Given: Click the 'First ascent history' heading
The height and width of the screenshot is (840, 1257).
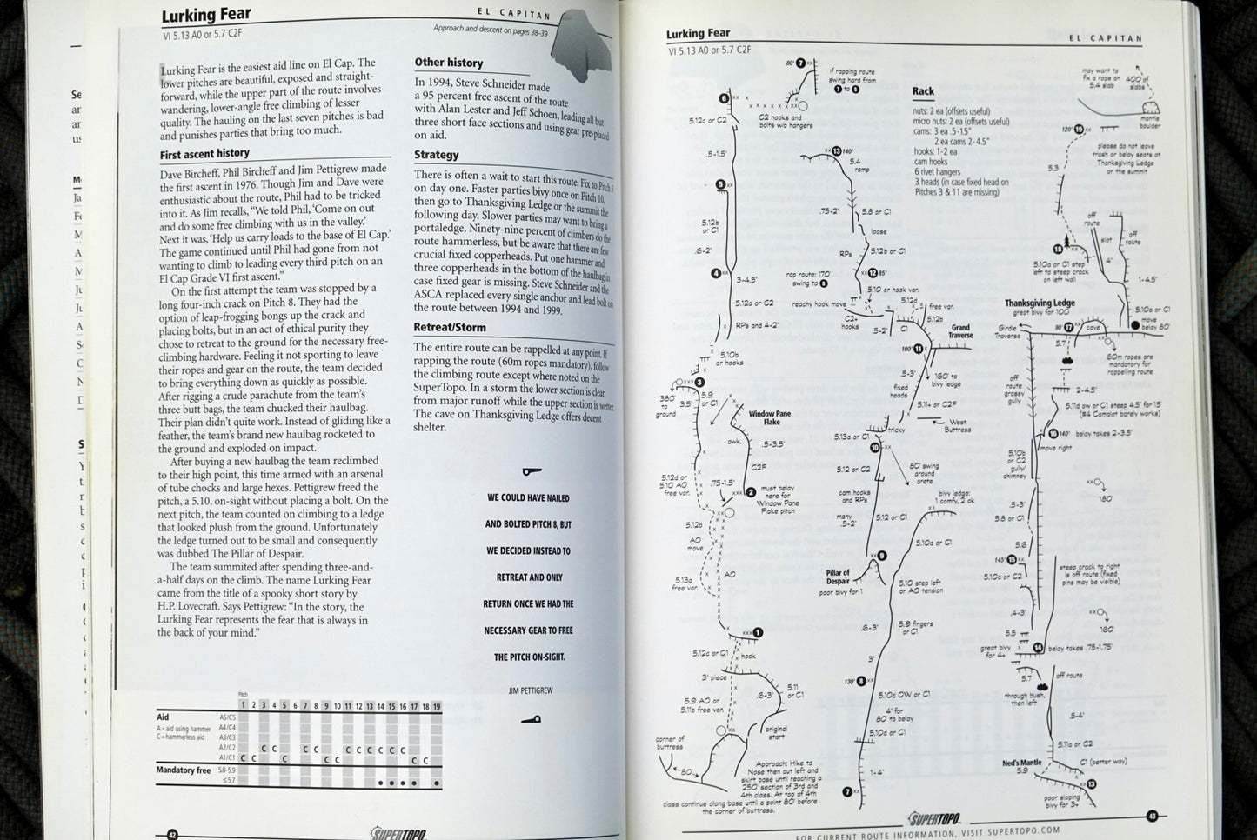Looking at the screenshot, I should coord(204,154).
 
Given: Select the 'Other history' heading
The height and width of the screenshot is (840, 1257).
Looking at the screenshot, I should coord(448,63).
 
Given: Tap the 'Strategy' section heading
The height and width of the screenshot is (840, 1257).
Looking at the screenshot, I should coord(436,155).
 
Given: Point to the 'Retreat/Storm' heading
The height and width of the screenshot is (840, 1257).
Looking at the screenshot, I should coord(449,328).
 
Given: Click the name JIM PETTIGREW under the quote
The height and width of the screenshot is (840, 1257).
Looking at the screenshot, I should coord(531,690).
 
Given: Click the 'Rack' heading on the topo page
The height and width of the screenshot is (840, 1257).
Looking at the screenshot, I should coord(923,91).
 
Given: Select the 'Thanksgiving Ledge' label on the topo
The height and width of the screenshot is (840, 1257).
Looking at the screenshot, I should coord(1040,303).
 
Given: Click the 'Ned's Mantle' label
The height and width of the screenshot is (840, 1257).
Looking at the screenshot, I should coord(1021,763).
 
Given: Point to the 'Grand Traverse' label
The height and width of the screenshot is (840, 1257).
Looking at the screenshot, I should coord(960,331).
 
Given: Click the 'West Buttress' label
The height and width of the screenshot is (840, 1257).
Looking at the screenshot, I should coord(957,425).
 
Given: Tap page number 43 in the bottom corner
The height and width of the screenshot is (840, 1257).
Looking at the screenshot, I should coord(1151,816).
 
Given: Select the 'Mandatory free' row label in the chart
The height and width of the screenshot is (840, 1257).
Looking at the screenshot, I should coord(184,770).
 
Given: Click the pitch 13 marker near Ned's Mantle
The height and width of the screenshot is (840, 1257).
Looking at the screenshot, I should coord(1091,783).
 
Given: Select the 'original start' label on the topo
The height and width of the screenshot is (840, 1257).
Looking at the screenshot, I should coord(775,732).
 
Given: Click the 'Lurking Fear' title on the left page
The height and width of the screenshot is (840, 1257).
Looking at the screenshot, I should coord(206,15).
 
